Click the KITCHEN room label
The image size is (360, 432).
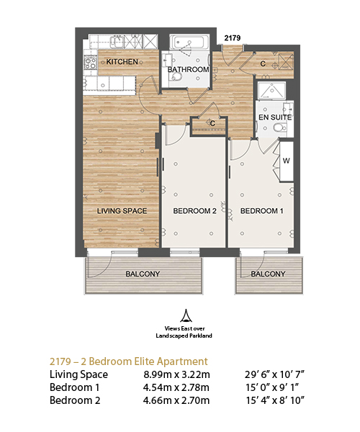[122, 61]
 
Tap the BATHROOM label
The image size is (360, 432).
[189, 69]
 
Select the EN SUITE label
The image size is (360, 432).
[275, 117]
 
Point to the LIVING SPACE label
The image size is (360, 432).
[122, 211]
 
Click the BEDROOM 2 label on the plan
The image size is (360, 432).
[194, 211]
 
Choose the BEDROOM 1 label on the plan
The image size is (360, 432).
[261, 211]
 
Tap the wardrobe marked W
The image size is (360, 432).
[287, 161]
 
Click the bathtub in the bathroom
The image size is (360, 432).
[189, 42]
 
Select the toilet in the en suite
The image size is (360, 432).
[280, 128]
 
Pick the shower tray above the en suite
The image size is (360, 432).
[271, 91]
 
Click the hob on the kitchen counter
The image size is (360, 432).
[91, 63]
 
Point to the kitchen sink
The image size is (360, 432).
[117, 42]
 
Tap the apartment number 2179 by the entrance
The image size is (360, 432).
[232, 37]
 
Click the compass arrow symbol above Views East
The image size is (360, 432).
[186, 316]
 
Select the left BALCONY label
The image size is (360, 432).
[143, 274]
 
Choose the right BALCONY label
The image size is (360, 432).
[268, 274]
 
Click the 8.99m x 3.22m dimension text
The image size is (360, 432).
[176, 374]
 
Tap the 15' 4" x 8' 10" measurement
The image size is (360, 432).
[275, 400]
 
